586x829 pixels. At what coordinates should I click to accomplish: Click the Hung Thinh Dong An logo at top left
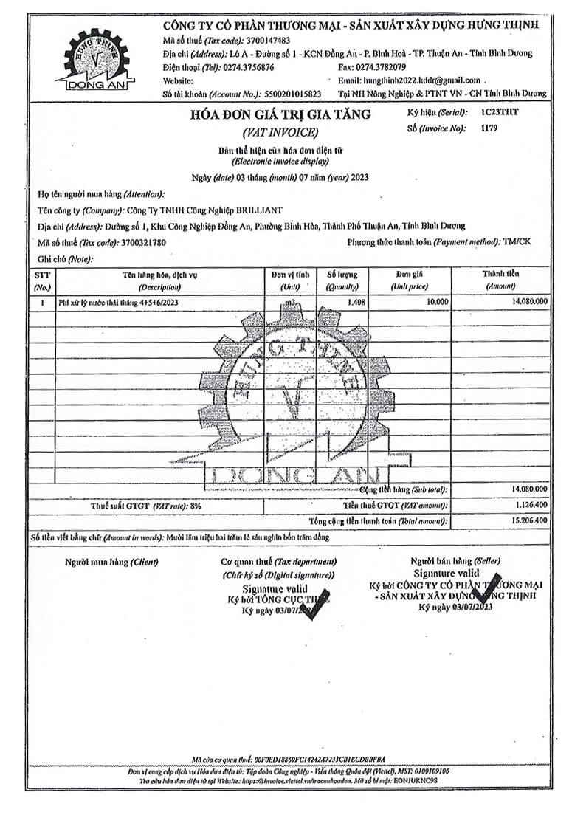coord(97,60)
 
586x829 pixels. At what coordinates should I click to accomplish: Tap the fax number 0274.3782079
coord(381,67)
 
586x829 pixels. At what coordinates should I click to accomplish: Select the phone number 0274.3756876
coord(249,67)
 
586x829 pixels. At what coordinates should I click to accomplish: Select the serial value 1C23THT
coord(501,114)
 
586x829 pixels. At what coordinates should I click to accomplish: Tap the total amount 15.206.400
coord(527,520)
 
